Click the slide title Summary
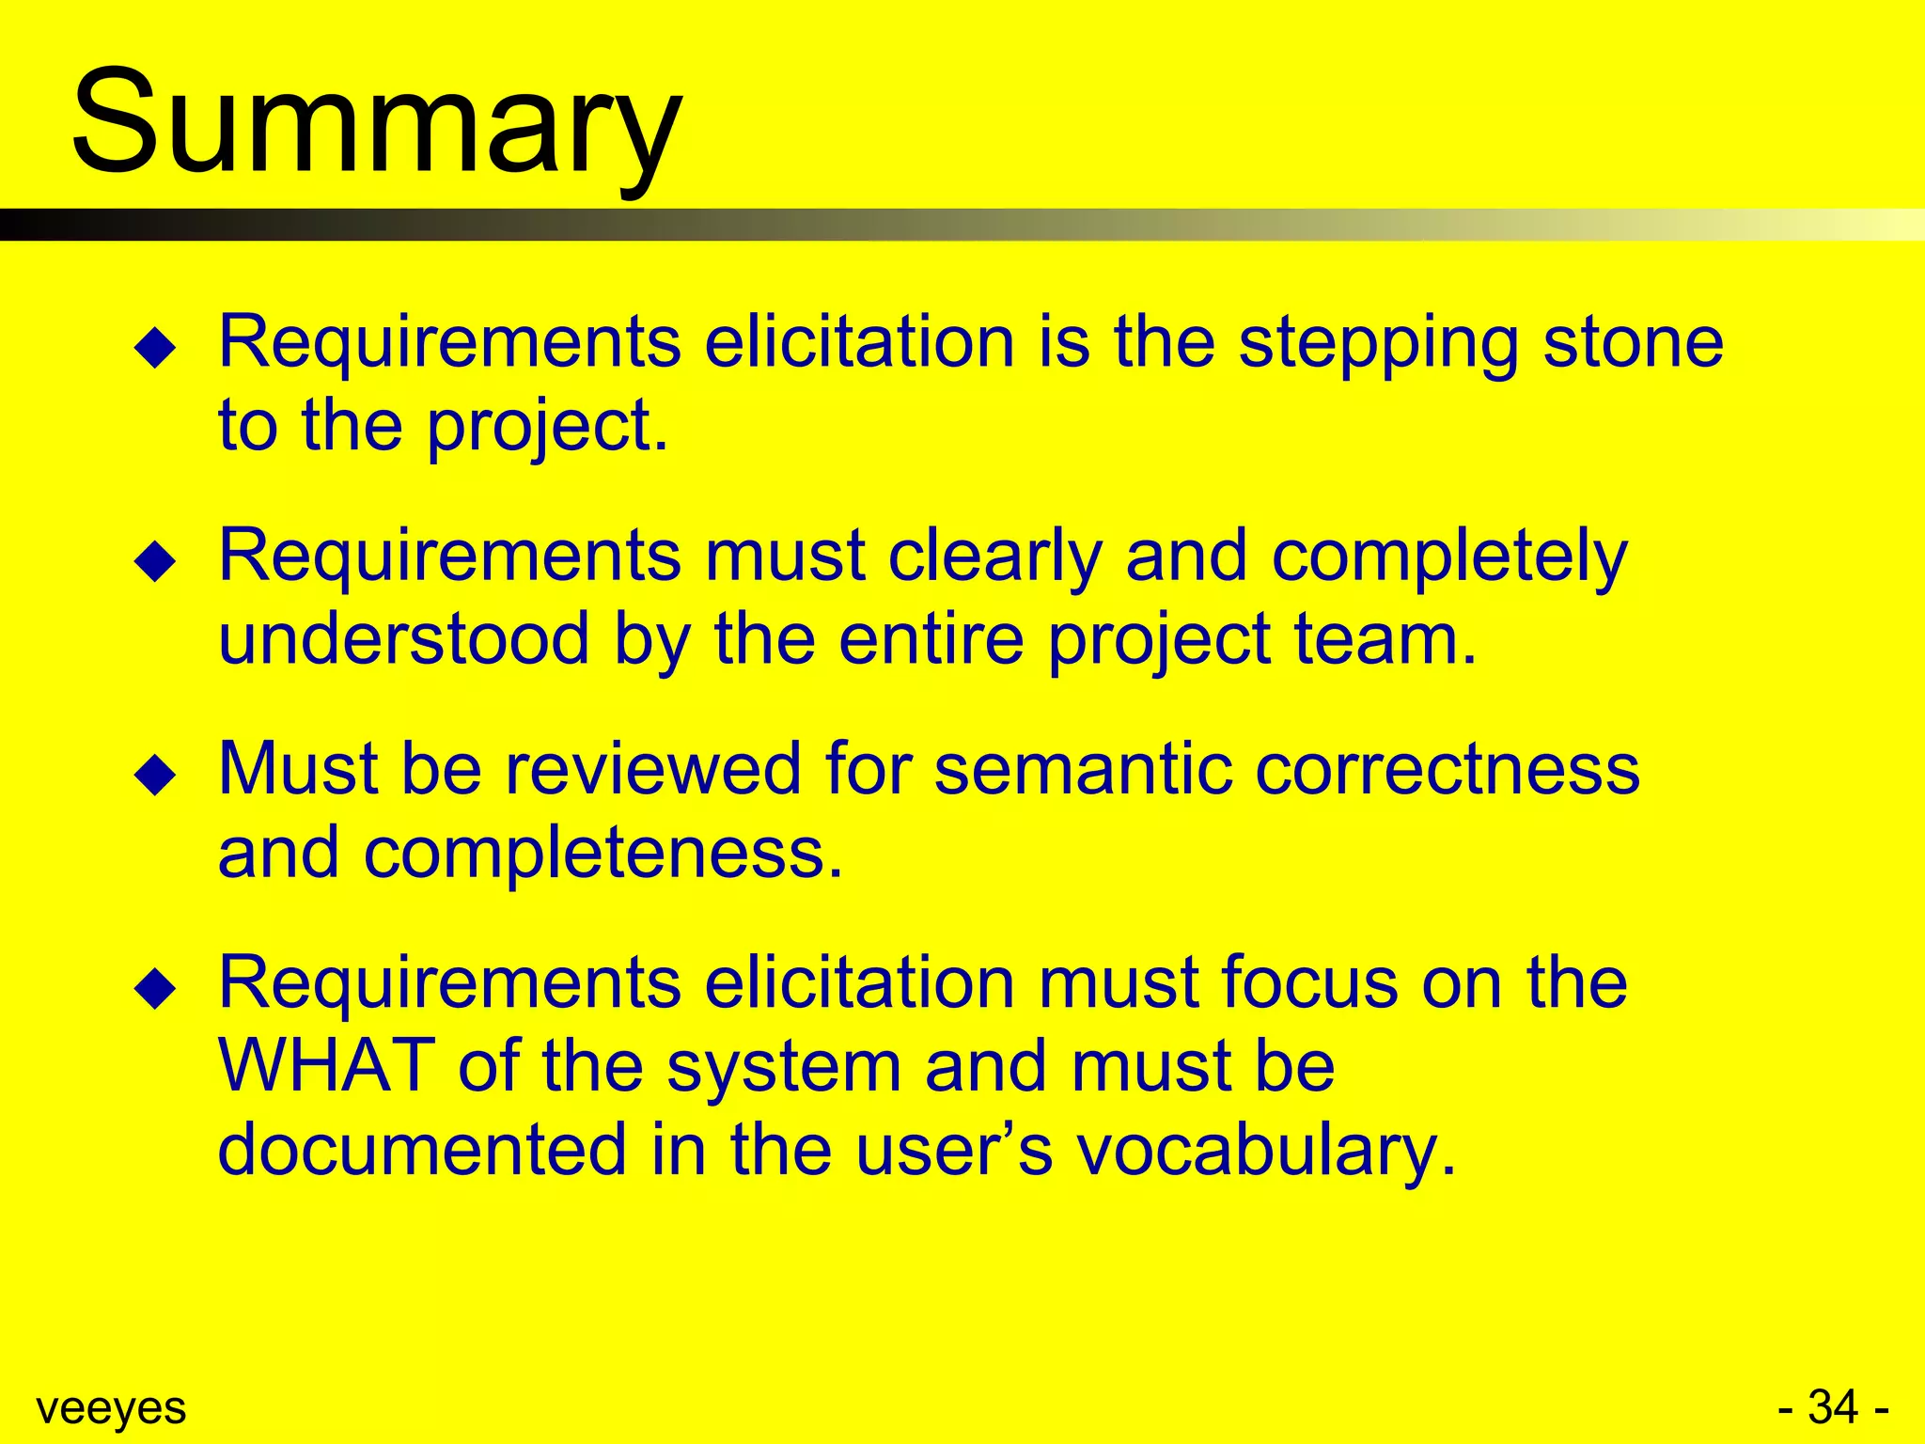click(x=376, y=122)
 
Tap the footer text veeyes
click(x=111, y=1408)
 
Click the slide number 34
click(x=1833, y=1407)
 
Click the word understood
click(x=404, y=639)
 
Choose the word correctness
click(x=1448, y=769)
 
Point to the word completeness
click(x=603, y=854)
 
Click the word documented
click(x=422, y=1149)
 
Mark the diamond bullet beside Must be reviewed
click(x=155, y=777)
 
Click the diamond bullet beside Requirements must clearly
click(x=155, y=562)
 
